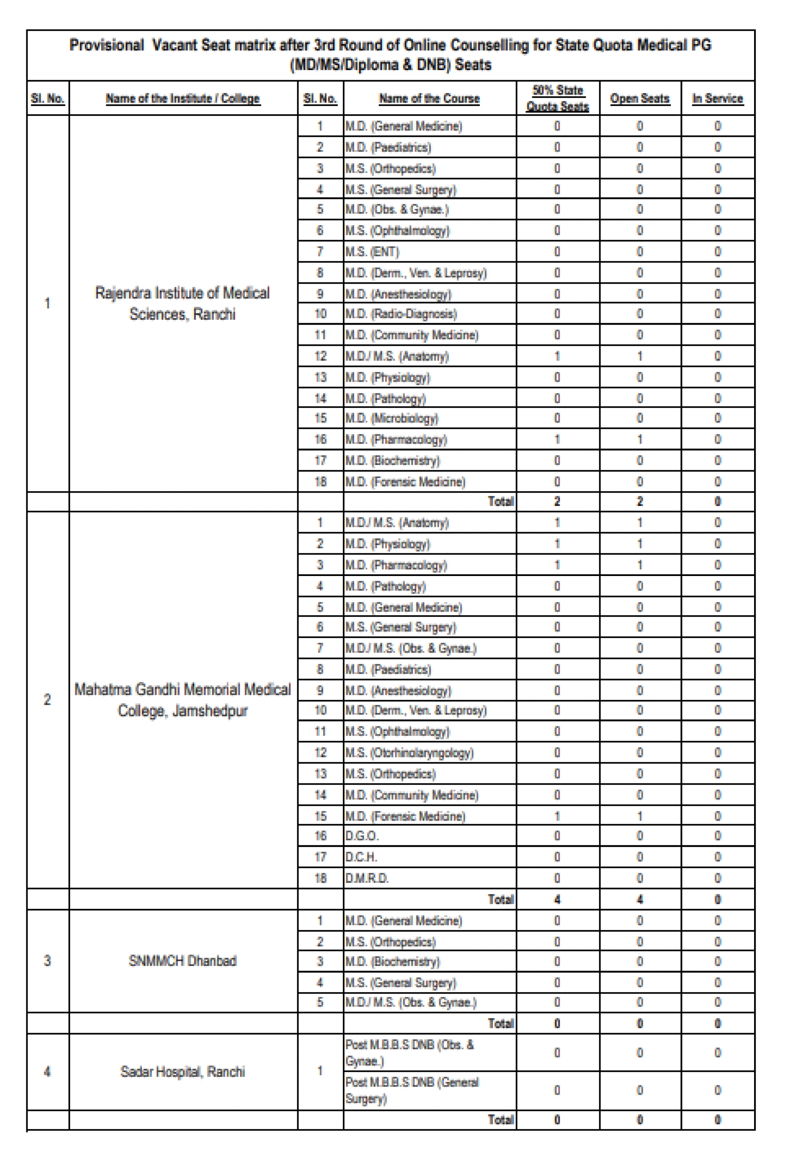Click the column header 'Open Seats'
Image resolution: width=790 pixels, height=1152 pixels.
tap(639, 98)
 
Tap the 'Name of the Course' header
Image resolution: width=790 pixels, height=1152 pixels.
tap(429, 98)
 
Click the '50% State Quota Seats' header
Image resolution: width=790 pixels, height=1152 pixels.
tap(557, 98)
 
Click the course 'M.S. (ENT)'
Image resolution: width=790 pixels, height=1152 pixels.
tap(372, 252)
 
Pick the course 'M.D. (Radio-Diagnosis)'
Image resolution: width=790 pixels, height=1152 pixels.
tap(401, 314)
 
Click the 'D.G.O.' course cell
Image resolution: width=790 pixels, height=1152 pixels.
tap(362, 836)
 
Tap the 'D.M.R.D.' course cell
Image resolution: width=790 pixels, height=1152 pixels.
tap(367, 878)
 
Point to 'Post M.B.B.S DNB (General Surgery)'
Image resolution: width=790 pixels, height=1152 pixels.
tap(412, 1090)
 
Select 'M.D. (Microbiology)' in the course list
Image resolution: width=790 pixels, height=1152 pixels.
tap(392, 418)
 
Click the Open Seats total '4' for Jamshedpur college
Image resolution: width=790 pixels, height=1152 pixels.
tap(639, 899)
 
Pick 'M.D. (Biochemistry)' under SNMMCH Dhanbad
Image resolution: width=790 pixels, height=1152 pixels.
tap(392, 961)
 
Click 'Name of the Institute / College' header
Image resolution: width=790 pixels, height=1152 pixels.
tap(182, 98)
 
